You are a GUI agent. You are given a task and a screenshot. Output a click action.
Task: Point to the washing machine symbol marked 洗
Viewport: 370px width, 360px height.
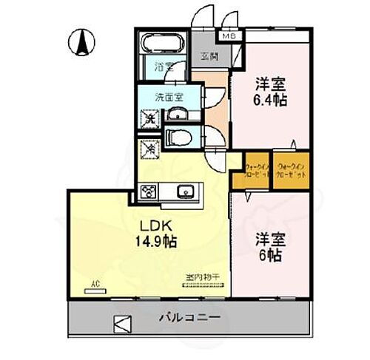coord(148,118)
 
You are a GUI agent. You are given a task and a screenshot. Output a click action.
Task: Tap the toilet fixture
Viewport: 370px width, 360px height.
coord(178,136)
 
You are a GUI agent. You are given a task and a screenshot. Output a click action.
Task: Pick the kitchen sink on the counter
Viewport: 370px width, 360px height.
coord(185,191)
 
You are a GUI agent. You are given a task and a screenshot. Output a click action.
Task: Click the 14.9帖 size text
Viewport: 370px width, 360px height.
coord(156,240)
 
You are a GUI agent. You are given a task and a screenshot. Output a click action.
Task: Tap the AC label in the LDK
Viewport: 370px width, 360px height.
coord(95,283)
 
